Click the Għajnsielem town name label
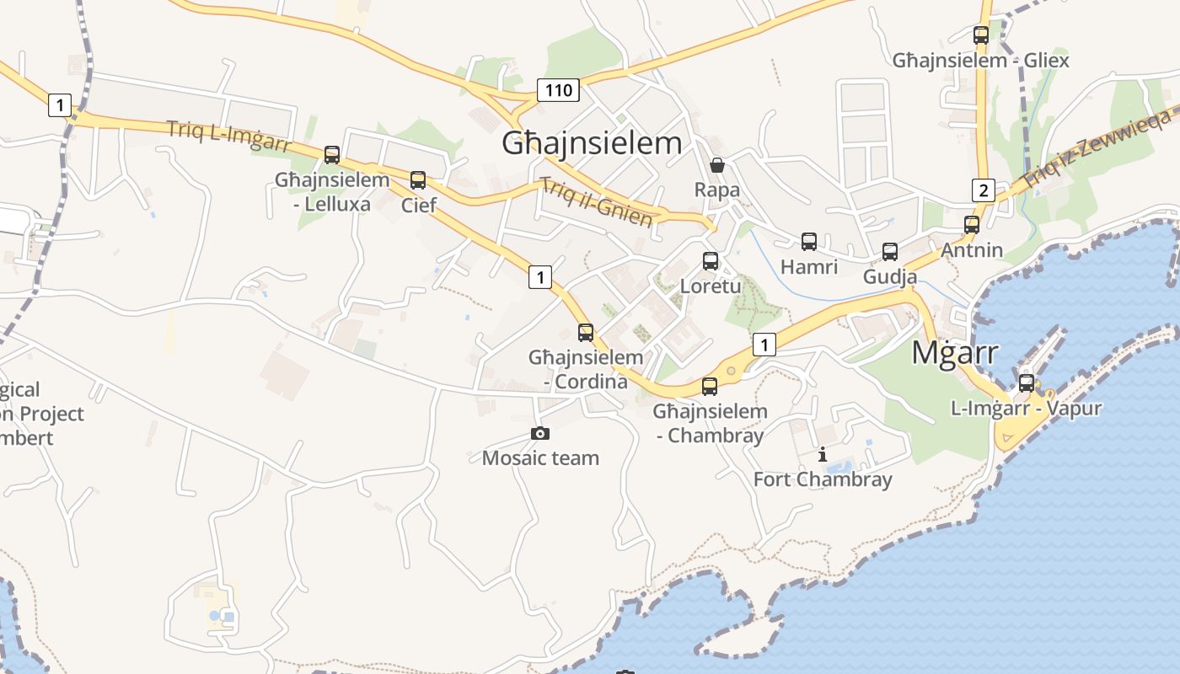pyautogui.click(x=592, y=143)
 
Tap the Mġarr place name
pyautogui.click(x=955, y=353)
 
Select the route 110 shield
pyautogui.click(x=558, y=90)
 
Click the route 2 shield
pyautogui.click(x=983, y=190)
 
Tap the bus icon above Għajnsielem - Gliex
pyautogui.click(x=980, y=35)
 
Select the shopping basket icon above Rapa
pyautogui.click(x=717, y=165)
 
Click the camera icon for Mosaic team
pyautogui.click(x=540, y=433)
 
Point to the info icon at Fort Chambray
pyautogui.click(x=823, y=455)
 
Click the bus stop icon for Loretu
pyautogui.click(x=711, y=261)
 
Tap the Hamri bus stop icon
pyautogui.click(x=809, y=242)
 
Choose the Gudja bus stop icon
pyautogui.click(x=890, y=251)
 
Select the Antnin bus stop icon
pyautogui.click(x=972, y=225)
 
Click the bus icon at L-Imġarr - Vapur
pyautogui.click(x=1026, y=382)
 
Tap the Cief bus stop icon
pyautogui.click(x=418, y=179)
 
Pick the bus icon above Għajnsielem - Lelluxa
pyautogui.click(x=332, y=155)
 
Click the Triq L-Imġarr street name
pyautogui.click(x=228, y=135)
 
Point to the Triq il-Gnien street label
pyautogui.click(x=596, y=202)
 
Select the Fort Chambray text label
pyautogui.click(x=823, y=480)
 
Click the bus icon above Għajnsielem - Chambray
pyautogui.click(x=710, y=387)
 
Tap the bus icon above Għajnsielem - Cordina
pyautogui.click(x=586, y=332)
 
